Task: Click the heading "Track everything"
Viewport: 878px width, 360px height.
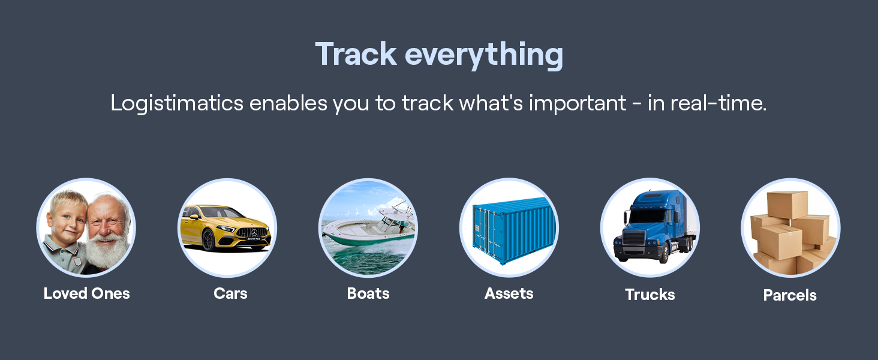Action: (438, 54)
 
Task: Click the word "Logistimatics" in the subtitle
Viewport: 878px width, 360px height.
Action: (176, 103)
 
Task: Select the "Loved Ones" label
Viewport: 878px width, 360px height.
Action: (86, 293)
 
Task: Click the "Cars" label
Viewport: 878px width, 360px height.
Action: (230, 293)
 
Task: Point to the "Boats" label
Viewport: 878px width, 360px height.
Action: (368, 293)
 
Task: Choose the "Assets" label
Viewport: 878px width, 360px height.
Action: (509, 293)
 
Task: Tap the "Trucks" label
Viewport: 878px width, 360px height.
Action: (650, 295)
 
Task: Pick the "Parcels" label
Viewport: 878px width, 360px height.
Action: (790, 295)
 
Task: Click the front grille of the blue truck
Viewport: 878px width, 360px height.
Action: (633, 238)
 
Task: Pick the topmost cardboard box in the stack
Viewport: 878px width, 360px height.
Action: (787, 205)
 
